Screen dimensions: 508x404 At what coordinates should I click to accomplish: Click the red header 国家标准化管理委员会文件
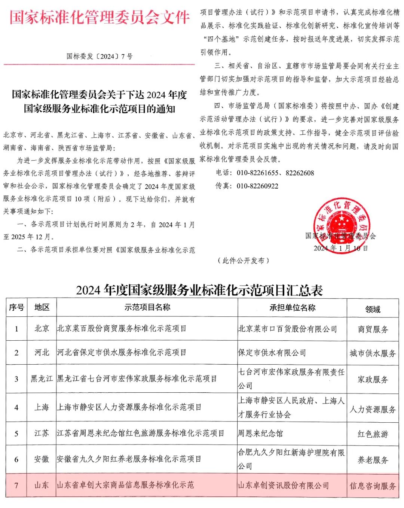tap(100, 18)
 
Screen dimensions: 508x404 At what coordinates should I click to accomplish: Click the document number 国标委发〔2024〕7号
tap(100, 57)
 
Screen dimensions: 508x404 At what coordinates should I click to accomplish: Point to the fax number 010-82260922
tap(257, 186)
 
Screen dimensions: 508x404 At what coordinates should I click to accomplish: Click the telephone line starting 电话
tap(265, 173)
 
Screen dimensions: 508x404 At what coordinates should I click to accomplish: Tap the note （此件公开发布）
tap(244, 261)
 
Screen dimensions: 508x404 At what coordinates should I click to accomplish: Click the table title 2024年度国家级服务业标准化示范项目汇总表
tap(199, 290)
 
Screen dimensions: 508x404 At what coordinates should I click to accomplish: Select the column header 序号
tap(16, 307)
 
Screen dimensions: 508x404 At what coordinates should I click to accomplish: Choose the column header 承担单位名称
tap(292, 308)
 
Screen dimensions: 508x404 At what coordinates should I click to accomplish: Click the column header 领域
tap(373, 309)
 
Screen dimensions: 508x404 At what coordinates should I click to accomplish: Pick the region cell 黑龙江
tap(42, 379)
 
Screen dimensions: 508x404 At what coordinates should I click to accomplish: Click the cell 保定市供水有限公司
tap(272, 353)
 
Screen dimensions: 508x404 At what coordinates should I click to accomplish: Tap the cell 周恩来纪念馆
tap(260, 434)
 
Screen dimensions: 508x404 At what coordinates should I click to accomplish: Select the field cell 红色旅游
tap(373, 434)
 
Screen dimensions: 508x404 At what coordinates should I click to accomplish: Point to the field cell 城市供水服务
tap(373, 353)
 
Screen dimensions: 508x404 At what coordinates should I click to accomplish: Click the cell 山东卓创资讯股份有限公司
tap(284, 486)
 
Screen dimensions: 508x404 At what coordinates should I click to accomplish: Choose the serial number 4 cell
tap(16, 407)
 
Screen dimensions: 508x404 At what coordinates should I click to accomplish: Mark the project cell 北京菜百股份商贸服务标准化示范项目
tap(122, 329)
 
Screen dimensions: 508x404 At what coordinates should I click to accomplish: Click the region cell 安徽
tap(42, 459)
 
